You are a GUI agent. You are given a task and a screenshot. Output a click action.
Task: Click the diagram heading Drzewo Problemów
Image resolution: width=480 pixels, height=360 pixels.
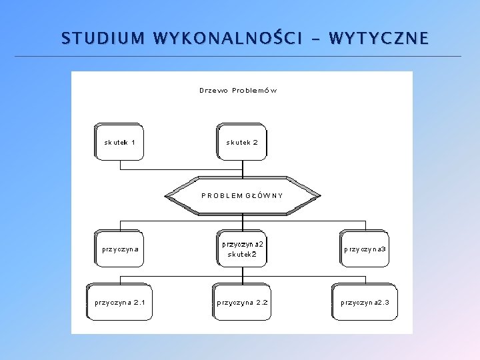238,90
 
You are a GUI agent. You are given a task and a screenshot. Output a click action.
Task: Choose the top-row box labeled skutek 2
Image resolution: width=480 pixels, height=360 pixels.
241,141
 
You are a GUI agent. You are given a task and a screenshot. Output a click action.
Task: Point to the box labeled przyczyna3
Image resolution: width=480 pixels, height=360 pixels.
365,249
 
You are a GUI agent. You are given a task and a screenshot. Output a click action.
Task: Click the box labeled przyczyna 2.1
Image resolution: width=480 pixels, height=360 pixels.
120,302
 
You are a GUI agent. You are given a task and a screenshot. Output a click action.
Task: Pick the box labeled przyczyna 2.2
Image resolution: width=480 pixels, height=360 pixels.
242,302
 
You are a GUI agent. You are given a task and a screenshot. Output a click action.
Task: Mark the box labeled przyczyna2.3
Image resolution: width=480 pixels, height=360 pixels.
365,302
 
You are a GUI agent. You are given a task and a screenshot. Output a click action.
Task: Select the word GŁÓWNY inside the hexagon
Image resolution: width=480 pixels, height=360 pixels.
265,195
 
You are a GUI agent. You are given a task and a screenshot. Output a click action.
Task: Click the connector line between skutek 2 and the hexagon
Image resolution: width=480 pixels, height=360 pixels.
242,169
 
